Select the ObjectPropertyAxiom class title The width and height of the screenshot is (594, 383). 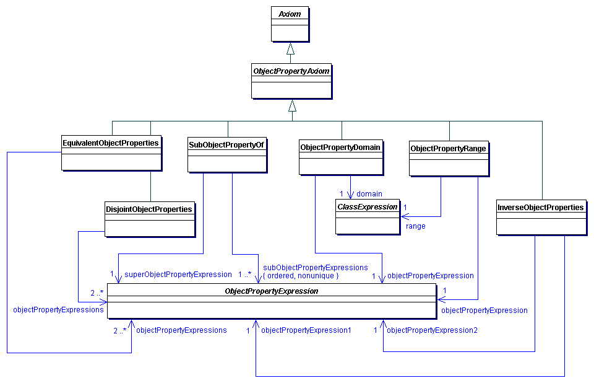coord(291,71)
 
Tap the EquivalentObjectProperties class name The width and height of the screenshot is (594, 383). coord(111,143)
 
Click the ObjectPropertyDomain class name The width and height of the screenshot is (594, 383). coord(340,147)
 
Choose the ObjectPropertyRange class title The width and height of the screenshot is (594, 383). coord(449,149)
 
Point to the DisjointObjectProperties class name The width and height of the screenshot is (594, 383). coord(149,209)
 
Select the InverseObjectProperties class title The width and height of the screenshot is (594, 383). coord(541,208)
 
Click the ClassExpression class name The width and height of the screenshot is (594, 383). coord(368,207)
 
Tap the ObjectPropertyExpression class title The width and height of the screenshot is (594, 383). coord(272,291)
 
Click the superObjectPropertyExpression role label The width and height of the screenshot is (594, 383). coord(178,275)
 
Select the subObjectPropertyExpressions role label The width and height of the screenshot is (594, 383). coord(315,268)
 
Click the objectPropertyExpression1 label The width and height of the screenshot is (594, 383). coord(306,330)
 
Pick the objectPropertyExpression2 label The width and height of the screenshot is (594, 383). coord(432,330)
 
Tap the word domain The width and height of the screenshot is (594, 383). coord(369,194)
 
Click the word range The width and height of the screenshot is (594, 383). coord(415,226)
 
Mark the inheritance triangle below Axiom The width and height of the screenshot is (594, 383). coord(291,48)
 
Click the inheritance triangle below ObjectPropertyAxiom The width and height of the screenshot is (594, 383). coord(291,105)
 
